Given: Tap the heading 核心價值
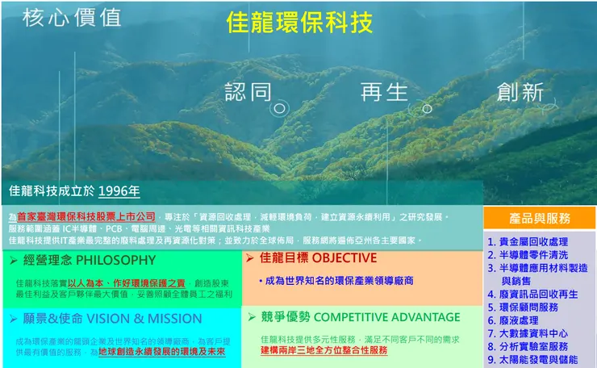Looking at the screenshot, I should pos(72,18).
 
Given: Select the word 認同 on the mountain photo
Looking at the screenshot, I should pos(248,92).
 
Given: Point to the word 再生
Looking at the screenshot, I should pos(384,92).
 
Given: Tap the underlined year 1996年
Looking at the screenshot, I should pos(119,191).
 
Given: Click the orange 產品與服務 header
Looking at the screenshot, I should pos(540,218).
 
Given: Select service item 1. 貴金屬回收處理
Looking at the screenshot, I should pos(528,241).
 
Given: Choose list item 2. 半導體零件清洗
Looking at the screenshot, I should pos(528,254).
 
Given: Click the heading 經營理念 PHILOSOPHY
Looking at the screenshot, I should pos(89,260).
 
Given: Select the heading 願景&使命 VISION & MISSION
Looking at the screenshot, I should pos(101,318).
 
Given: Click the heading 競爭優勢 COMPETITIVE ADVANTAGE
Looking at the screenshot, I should pos(360,317).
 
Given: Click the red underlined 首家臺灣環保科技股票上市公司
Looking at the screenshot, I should pos(86,217).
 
